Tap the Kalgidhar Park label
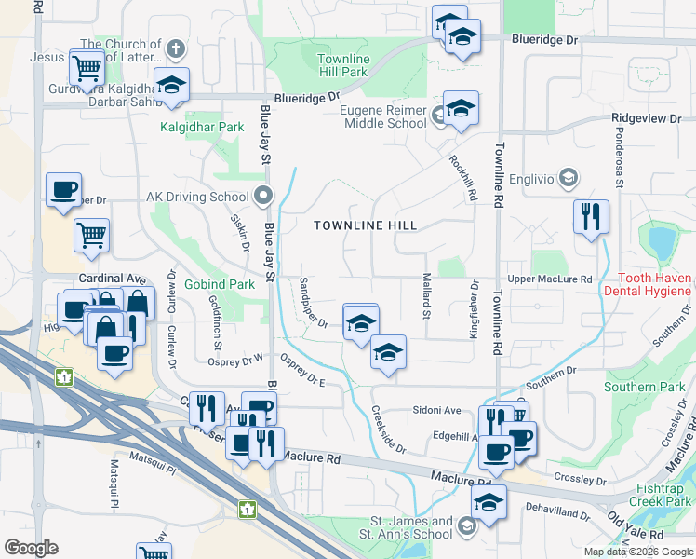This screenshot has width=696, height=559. pos(201,127)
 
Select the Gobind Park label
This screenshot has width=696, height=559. pos(220,283)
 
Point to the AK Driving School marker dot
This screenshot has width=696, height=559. pos(262,197)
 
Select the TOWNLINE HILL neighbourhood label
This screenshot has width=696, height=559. pos(365,225)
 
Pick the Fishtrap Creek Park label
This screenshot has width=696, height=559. pos(664,495)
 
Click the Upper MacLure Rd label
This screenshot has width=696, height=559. pos(550,279)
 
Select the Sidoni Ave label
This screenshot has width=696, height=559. pos(437,410)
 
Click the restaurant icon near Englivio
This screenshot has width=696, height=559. pos(590,216)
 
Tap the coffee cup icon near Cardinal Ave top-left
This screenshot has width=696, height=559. pos(63,189)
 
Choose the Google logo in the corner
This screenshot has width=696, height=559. pos(31,548)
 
